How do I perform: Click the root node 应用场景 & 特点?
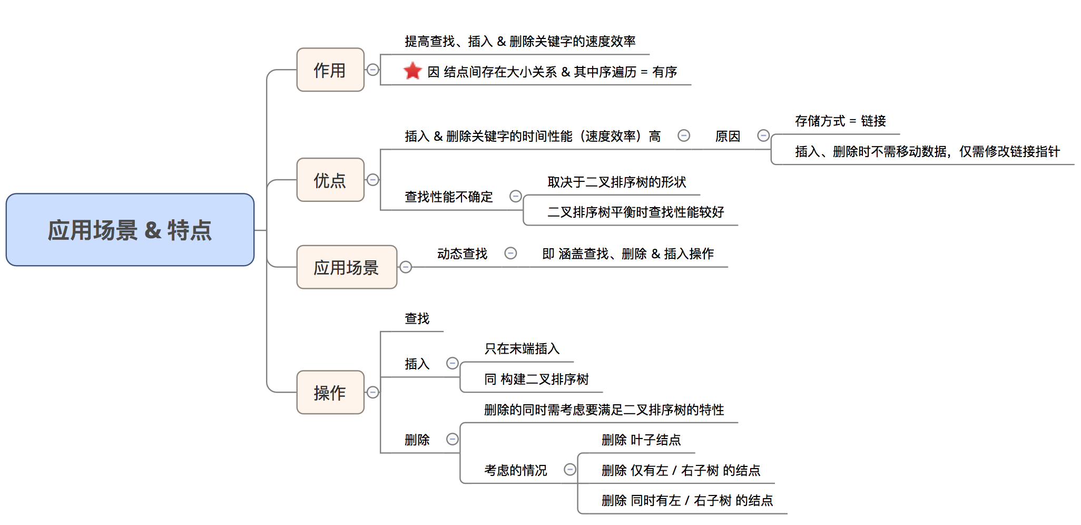pyautogui.click(x=130, y=230)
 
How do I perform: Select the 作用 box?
pyautogui.click(x=330, y=70)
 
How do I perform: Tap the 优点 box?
pyautogui.click(x=330, y=180)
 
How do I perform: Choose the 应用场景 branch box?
pyautogui.click(x=347, y=267)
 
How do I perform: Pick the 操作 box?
pyautogui.click(x=330, y=393)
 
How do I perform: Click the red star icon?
pyautogui.click(x=412, y=71)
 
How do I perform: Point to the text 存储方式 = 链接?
pyautogui.click(x=840, y=121)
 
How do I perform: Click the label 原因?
pyautogui.click(x=728, y=137)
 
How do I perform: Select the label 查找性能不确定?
pyautogui.click(x=449, y=197)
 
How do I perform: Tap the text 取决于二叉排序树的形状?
pyautogui.click(x=617, y=182)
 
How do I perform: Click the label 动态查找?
pyautogui.click(x=463, y=254)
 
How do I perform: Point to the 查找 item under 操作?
pyautogui.click(x=417, y=318)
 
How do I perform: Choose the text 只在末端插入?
pyautogui.click(x=522, y=349)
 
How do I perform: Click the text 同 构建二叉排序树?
pyautogui.click(x=536, y=380)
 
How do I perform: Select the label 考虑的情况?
pyautogui.click(x=516, y=470)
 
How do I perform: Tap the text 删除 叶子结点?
pyautogui.click(x=641, y=440)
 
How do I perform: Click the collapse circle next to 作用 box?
pyautogui.click(x=373, y=70)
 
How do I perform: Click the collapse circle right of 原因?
pyautogui.click(x=763, y=136)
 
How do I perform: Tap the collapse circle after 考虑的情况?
pyautogui.click(x=570, y=470)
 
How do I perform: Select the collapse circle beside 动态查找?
pyautogui.click(x=510, y=254)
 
